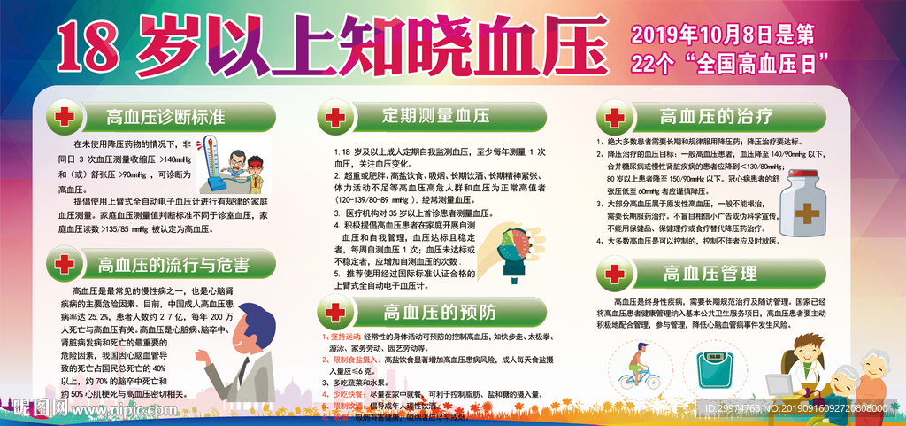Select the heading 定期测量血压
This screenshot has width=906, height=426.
pos(423,116)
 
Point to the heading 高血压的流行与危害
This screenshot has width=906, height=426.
pos(173,264)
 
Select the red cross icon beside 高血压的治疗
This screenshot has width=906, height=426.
pos(614,117)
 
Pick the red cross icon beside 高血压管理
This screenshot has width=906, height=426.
pos(614,275)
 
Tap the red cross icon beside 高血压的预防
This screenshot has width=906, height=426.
pos(334,312)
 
